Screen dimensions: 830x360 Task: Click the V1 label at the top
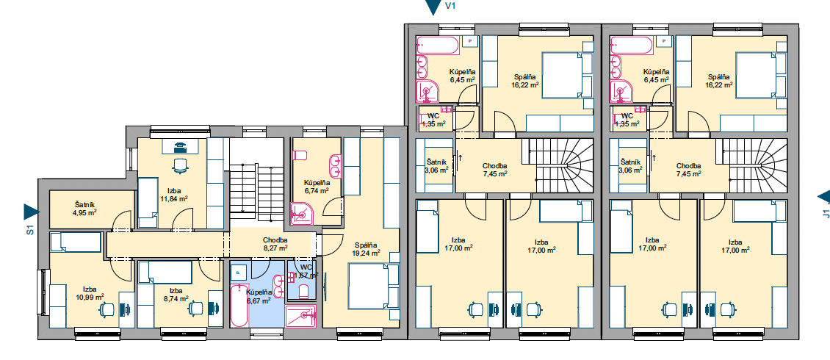pyautogui.click(x=451, y=7)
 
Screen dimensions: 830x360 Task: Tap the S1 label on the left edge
pyautogui.click(x=30, y=230)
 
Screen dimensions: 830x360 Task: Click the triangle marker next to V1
pyautogui.click(x=433, y=7)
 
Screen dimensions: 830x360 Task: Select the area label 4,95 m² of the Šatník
pyautogui.click(x=84, y=213)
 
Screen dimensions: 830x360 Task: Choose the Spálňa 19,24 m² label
pyautogui.click(x=366, y=249)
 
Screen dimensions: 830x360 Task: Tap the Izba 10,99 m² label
pyautogui.click(x=90, y=292)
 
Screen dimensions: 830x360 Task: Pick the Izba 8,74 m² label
pyautogui.click(x=176, y=295)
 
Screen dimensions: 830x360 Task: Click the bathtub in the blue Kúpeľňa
pyautogui.click(x=239, y=306)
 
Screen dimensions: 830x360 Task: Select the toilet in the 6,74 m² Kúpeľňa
pyautogui.click(x=300, y=155)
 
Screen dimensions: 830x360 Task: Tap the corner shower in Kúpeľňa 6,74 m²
pyautogui.click(x=302, y=215)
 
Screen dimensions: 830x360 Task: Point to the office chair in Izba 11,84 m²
pyautogui.click(x=181, y=166)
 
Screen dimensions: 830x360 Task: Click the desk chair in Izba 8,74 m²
pyautogui.click(x=196, y=308)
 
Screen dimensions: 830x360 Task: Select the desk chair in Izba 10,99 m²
pyautogui.click(x=107, y=309)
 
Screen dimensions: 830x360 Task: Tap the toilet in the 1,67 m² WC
pyautogui.click(x=303, y=291)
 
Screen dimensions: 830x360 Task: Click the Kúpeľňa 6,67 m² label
pyautogui.click(x=259, y=296)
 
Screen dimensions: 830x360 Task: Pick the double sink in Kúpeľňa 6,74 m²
pyautogui.click(x=335, y=166)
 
